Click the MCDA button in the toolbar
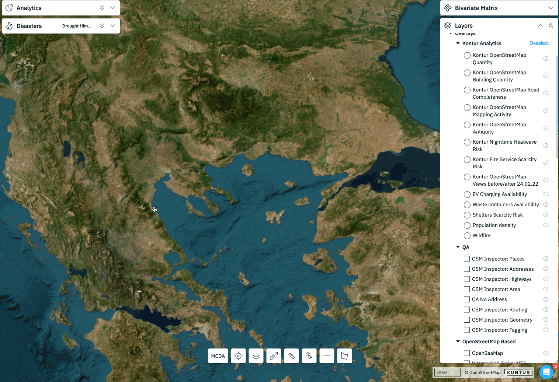click(x=218, y=356)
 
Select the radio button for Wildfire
click(x=467, y=236)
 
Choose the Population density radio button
click(x=467, y=225)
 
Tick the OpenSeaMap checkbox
click(x=467, y=353)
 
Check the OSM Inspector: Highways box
click(x=467, y=279)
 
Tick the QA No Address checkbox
click(x=467, y=299)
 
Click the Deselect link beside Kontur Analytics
click(x=539, y=43)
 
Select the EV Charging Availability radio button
click(x=467, y=194)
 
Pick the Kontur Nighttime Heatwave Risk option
click(x=467, y=142)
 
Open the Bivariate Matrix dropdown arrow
click(x=551, y=8)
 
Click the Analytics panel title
click(x=29, y=8)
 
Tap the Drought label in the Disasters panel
click(x=77, y=26)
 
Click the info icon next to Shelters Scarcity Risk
click(x=546, y=215)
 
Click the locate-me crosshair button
click(x=238, y=356)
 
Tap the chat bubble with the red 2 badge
click(x=546, y=372)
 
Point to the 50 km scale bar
click(x=447, y=372)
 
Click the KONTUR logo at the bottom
click(x=518, y=372)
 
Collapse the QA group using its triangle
click(x=458, y=247)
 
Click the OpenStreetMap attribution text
click(x=483, y=372)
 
